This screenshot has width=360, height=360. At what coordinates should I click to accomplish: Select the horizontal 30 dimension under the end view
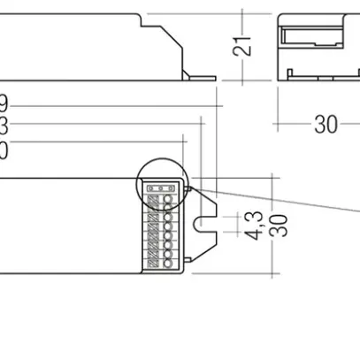coord(326,125)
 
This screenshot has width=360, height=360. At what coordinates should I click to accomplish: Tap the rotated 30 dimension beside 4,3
coord(279,224)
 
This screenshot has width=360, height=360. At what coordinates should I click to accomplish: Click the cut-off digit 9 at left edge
coord(4,103)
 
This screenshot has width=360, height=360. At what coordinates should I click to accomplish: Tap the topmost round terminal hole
coord(168,199)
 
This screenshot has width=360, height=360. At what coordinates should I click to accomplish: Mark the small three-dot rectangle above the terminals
coord(161,188)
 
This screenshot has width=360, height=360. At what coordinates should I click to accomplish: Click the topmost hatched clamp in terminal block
coord(152,199)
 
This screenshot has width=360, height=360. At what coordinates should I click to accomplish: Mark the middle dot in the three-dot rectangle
coord(161,188)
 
